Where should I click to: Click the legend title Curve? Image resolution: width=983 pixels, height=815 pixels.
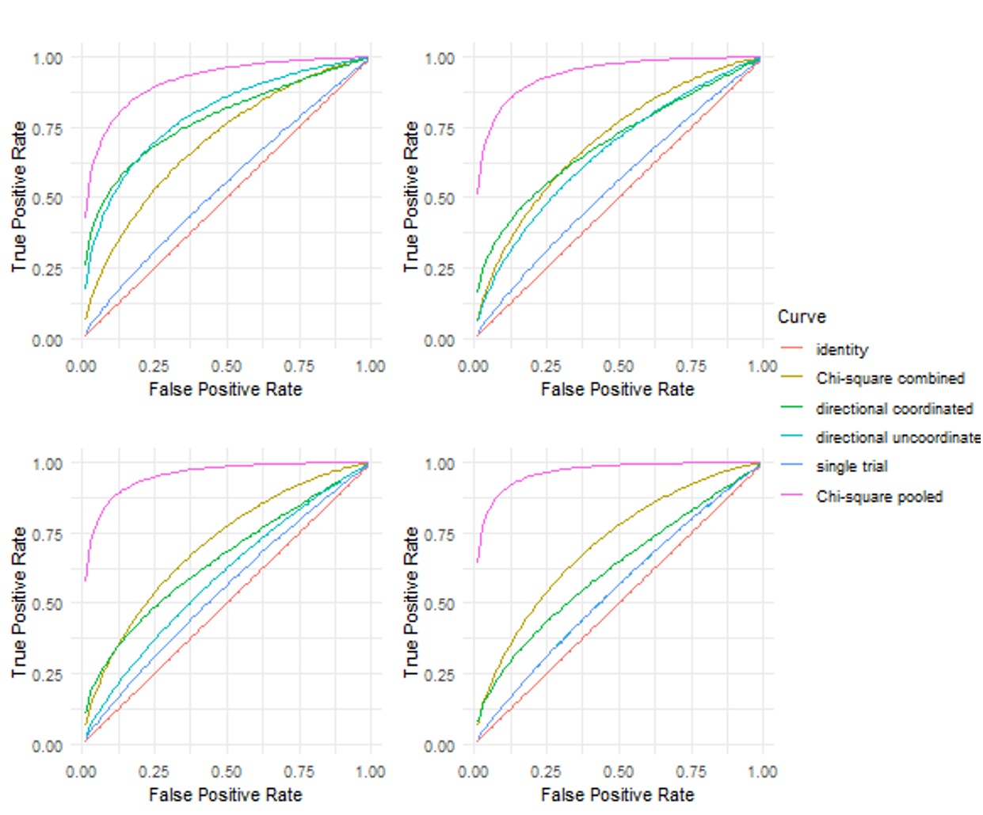[x=802, y=317]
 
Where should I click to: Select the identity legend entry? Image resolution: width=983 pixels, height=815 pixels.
[x=842, y=349]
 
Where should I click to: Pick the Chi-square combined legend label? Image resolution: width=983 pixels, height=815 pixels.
[x=890, y=379]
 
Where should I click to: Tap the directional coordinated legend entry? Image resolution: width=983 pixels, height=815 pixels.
[x=894, y=409]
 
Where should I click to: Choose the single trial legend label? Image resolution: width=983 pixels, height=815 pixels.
[x=852, y=467]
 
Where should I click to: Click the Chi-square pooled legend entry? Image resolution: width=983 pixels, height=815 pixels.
[x=879, y=497]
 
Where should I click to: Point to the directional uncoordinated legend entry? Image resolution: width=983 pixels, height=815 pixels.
[x=897, y=437]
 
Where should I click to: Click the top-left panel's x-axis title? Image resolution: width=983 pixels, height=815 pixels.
[x=226, y=389]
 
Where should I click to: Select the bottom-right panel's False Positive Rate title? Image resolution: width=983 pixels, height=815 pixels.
[x=617, y=794]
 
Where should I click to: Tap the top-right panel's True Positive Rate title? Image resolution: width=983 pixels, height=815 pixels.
[x=410, y=196]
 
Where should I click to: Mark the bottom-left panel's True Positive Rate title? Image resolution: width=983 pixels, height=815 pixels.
[x=19, y=602]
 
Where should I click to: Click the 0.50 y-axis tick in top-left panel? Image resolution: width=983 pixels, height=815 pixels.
[x=48, y=199]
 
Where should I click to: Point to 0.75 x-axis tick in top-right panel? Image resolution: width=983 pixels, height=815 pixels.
[x=691, y=366]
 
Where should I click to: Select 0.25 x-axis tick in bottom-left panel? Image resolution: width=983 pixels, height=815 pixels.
[x=154, y=771]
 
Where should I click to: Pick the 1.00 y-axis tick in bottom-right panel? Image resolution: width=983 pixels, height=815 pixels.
[x=440, y=463]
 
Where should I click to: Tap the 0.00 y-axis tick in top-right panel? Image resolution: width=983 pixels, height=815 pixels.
[x=440, y=341]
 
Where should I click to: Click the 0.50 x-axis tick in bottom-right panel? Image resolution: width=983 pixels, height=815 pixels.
[x=618, y=771]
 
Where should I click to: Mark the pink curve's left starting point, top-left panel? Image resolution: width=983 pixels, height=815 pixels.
[x=86, y=216]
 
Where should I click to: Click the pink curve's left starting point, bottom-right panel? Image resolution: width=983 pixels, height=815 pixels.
[x=477, y=562]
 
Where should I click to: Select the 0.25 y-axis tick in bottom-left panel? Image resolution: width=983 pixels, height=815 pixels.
[x=48, y=675]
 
